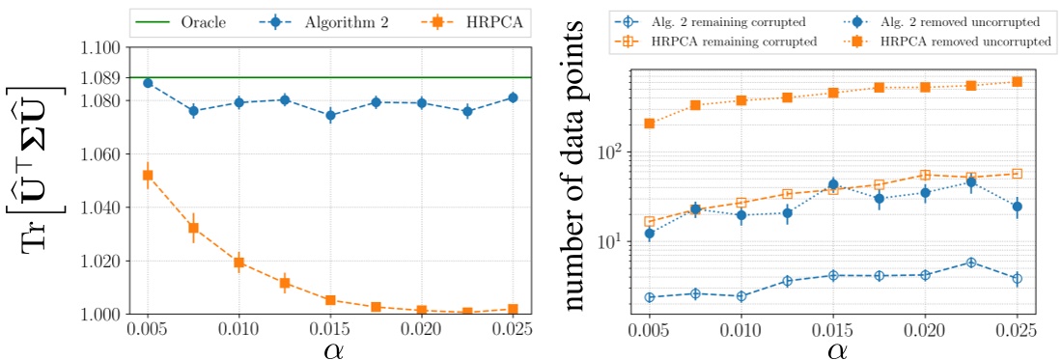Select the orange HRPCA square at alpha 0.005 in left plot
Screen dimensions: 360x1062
(x=148, y=175)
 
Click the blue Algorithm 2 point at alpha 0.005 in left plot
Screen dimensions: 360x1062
(x=148, y=83)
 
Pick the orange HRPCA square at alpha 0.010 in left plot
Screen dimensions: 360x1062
(x=238, y=263)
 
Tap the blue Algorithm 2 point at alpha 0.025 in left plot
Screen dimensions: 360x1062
(x=513, y=97)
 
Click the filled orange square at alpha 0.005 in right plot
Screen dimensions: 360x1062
(x=650, y=124)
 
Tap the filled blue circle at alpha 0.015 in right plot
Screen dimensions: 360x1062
(x=833, y=183)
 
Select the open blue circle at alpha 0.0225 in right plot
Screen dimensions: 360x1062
(x=971, y=263)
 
